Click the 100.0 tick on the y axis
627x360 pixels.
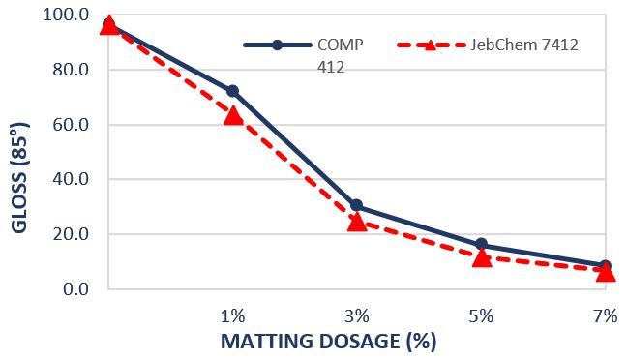(x=69, y=15)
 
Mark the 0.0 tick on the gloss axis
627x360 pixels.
(x=76, y=289)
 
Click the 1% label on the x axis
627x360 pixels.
(x=232, y=316)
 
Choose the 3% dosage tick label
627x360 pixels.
(x=357, y=316)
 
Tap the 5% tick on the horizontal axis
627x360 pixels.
(x=482, y=316)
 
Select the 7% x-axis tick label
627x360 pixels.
(x=606, y=316)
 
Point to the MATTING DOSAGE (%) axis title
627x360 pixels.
(x=329, y=342)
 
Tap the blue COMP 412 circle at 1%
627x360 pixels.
(x=232, y=91)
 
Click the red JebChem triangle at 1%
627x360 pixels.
(x=232, y=115)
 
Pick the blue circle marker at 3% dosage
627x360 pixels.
(x=357, y=205)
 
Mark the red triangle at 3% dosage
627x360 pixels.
(x=357, y=222)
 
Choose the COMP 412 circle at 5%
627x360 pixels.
(x=482, y=245)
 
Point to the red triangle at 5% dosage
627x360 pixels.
(x=482, y=257)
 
